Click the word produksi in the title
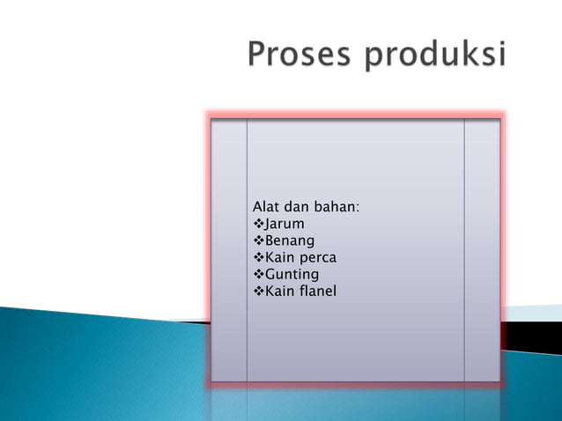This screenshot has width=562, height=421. [x=435, y=56]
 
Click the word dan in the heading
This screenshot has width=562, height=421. [x=299, y=207]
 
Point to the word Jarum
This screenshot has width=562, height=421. [x=285, y=225]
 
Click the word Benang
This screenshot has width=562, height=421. [x=290, y=241]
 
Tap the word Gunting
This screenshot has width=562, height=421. [x=292, y=275]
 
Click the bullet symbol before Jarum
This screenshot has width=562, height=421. [x=258, y=224]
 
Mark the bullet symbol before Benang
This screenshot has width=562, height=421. [x=258, y=240]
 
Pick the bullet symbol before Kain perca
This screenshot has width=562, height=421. [x=258, y=257]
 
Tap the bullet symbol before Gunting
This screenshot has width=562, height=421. [x=258, y=274]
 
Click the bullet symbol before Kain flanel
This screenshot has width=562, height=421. [x=258, y=291]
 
